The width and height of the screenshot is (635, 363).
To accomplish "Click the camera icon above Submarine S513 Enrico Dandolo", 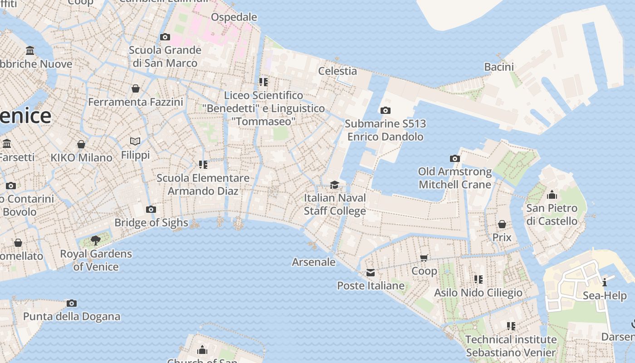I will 385,110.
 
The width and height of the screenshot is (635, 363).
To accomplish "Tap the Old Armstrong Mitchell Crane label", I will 454,178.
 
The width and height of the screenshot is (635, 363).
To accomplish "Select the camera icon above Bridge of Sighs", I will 151,209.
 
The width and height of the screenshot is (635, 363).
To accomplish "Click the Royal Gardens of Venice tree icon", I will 95,240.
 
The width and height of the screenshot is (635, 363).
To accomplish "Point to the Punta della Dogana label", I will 72,316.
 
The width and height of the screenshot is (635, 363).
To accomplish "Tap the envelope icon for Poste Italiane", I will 371,273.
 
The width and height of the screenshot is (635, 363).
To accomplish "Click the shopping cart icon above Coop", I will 424,258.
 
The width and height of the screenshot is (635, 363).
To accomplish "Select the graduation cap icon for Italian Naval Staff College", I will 334,185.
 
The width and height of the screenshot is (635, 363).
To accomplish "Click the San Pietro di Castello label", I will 552,215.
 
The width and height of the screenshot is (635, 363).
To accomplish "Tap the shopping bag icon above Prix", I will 502,224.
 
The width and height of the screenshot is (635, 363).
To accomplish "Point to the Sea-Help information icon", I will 604,283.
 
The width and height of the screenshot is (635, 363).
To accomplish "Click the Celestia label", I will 337,71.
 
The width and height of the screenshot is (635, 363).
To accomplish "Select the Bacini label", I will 499,67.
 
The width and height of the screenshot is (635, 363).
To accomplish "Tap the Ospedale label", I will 234,17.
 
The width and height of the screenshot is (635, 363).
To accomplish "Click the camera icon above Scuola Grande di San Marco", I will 165,37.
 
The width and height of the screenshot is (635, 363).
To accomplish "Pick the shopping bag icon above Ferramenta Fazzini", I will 135,88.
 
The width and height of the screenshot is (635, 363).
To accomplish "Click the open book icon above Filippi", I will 135,141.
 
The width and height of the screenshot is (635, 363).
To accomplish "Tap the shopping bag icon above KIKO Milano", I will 81,144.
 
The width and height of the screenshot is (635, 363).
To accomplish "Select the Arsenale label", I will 313,262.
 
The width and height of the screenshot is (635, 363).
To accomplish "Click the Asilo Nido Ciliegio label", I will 478,293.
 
